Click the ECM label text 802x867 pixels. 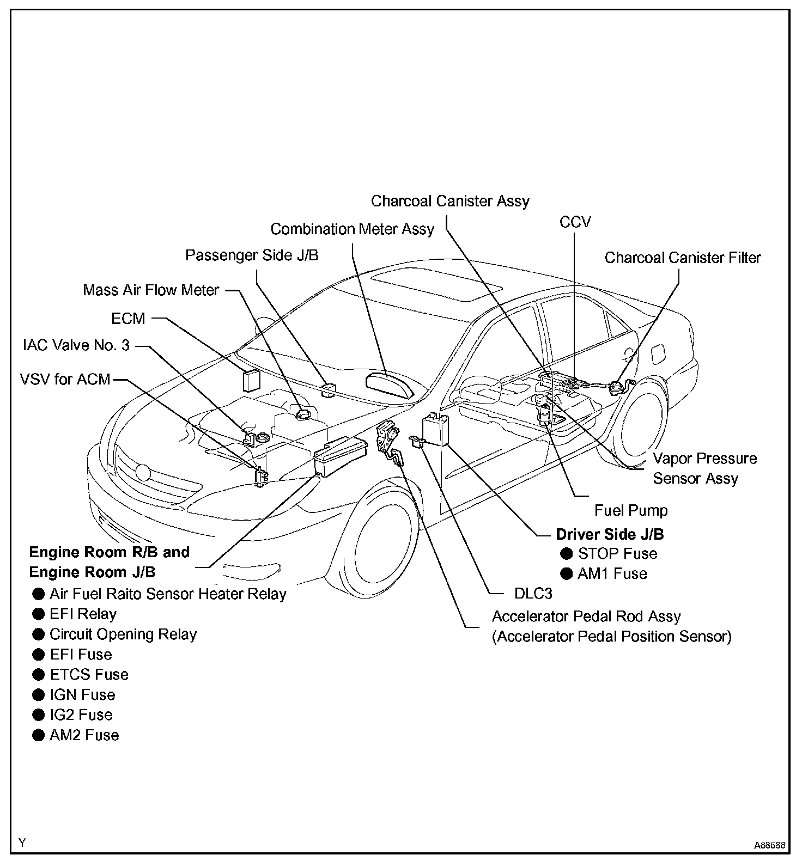click(x=128, y=319)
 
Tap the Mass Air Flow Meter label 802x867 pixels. click(x=151, y=290)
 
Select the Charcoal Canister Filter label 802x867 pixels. click(x=683, y=258)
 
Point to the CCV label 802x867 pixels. click(x=575, y=222)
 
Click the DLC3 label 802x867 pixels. click(x=533, y=593)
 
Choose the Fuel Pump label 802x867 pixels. click(x=630, y=510)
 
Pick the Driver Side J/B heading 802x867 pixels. click(x=610, y=534)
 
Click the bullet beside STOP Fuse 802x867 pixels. click(x=567, y=554)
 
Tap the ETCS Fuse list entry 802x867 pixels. click(x=89, y=675)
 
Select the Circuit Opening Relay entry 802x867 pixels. click(x=123, y=634)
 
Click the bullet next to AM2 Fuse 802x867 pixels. click(x=38, y=735)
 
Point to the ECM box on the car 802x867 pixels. click(x=251, y=381)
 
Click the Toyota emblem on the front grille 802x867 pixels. click(x=143, y=472)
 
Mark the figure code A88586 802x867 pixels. click(x=769, y=846)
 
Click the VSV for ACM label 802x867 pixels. click(x=65, y=379)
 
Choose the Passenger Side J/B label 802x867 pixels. click(x=252, y=255)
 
